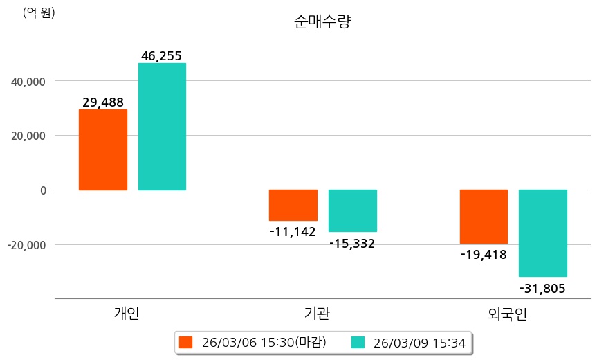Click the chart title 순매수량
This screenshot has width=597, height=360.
pyautogui.click(x=322, y=22)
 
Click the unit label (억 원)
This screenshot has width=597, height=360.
pyautogui.click(x=39, y=12)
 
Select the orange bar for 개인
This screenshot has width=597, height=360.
pyautogui.click(x=103, y=150)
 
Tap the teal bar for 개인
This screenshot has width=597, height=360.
pyautogui.click(x=162, y=127)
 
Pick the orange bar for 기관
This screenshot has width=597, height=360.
pyautogui.click(x=293, y=205)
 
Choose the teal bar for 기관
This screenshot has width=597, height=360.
pyautogui.click(x=353, y=210)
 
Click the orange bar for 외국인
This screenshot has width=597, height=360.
pyautogui.click(x=484, y=217)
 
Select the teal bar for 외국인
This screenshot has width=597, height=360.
pyautogui.click(x=543, y=233)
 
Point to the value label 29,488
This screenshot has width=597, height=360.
pyautogui.click(x=103, y=102)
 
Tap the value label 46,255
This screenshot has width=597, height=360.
pyautogui.click(x=161, y=56)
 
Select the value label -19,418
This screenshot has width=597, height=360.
pyautogui.click(x=484, y=254)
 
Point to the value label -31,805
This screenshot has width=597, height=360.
pyautogui.click(x=542, y=288)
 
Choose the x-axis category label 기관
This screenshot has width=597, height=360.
pyautogui.click(x=317, y=313)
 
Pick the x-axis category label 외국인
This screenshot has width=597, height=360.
pyautogui.click(x=507, y=313)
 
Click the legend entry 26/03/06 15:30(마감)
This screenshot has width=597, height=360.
pyautogui.click(x=253, y=342)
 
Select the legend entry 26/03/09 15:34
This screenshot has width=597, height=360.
pyautogui.click(x=409, y=342)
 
